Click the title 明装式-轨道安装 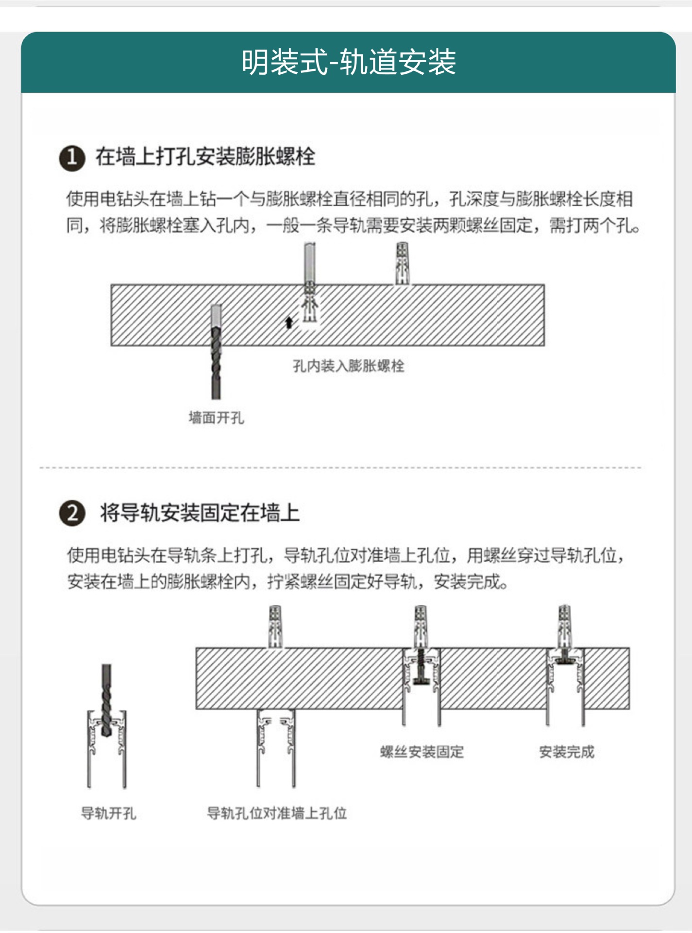pyautogui.click(x=348, y=62)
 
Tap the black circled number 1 pyautogui.click(x=72, y=157)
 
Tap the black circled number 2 pyautogui.click(x=72, y=513)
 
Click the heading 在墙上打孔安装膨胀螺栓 pyautogui.click(x=205, y=157)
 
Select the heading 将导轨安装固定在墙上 pyautogui.click(x=200, y=513)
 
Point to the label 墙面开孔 pyautogui.click(x=216, y=417)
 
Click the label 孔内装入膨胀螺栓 pyautogui.click(x=348, y=365)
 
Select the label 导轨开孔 pyautogui.click(x=108, y=813)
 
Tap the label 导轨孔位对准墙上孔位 pyautogui.click(x=277, y=813)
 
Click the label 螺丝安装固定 pyautogui.click(x=422, y=752)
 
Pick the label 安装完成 pyautogui.click(x=566, y=752)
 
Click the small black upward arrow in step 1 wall pyautogui.click(x=289, y=322)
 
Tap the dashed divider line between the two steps pyautogui.click(x=340, y=468)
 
